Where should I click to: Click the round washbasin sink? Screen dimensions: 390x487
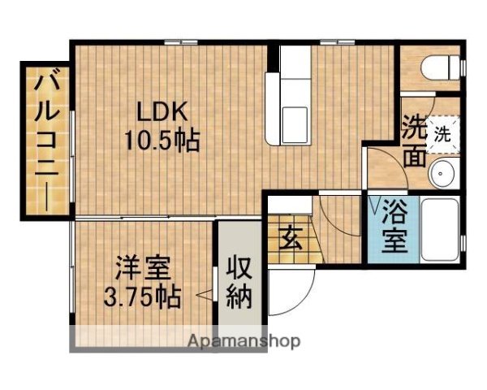click(x=443, y=172)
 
